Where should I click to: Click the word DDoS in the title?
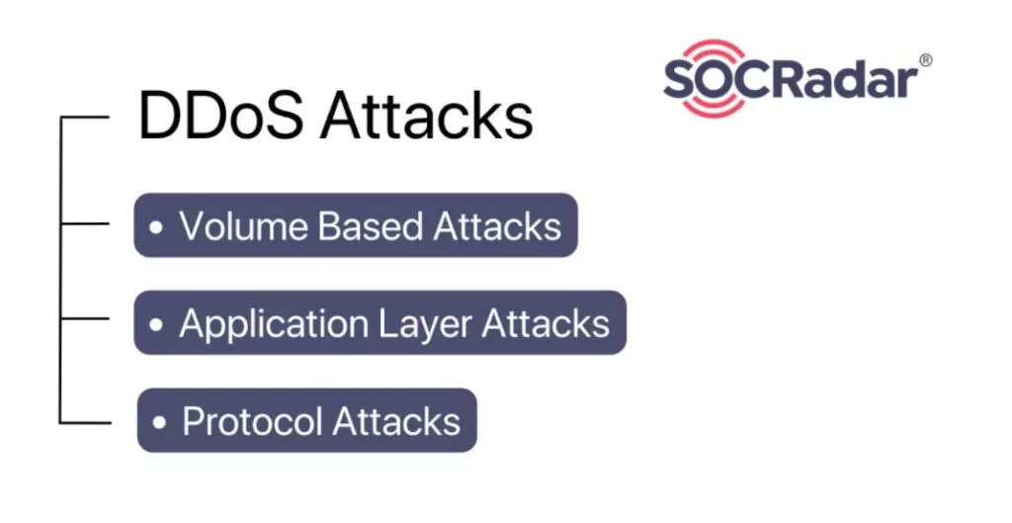220,116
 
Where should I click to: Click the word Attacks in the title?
427,116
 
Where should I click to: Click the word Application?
274,324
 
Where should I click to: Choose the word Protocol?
252,421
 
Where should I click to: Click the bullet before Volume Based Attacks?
155,226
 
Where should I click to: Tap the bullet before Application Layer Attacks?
155,324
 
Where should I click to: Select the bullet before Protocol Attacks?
159,422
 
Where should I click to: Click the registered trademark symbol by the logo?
925,60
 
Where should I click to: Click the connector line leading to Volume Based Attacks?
85,223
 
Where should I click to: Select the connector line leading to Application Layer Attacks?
85,318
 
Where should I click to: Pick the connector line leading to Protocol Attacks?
85,423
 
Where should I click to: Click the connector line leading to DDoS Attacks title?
85,117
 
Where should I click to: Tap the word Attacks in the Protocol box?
396,421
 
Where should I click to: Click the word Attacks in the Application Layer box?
546,323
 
